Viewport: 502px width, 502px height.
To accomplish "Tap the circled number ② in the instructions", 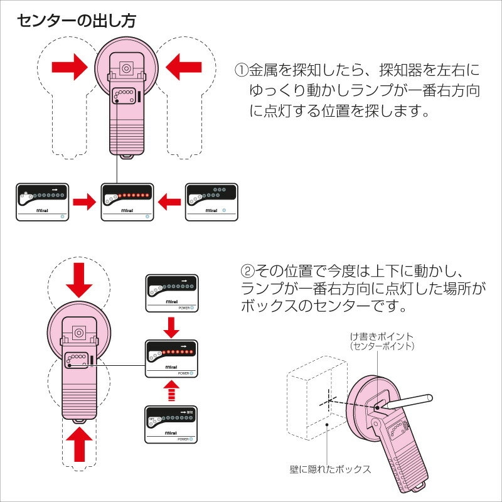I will (248, 272).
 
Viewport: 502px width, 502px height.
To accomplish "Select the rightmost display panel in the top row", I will (211, 201).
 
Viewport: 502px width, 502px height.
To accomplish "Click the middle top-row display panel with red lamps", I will (127, 201).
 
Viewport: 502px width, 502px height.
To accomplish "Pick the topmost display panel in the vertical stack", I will (171, 293).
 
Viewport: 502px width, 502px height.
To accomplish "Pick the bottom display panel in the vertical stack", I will (171, 425).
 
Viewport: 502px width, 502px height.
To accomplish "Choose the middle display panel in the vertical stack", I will (171, 358).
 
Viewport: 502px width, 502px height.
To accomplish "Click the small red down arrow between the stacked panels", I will (171, 326).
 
